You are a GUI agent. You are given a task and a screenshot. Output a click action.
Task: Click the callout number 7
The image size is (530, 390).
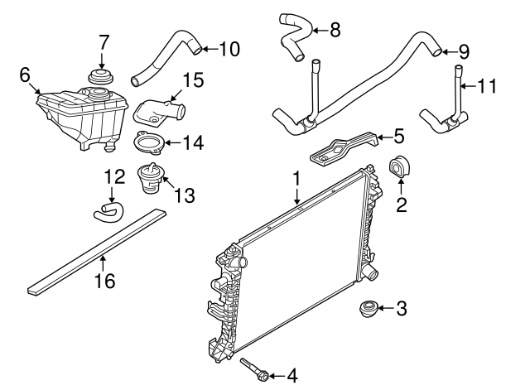tap(103, 41)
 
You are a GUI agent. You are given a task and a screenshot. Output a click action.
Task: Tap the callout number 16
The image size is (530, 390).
tap(102, 281)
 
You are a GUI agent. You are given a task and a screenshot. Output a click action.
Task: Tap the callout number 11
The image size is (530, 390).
tap(489, 84)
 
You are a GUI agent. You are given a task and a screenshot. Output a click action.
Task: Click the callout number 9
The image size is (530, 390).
tap(463, 51)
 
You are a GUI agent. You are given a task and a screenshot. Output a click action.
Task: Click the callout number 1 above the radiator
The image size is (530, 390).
tap(295, 177)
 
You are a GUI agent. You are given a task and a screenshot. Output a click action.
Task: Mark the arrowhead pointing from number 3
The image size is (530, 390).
tap(380, 311)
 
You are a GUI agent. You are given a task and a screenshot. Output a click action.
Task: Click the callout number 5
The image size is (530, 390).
tap(399, 132)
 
